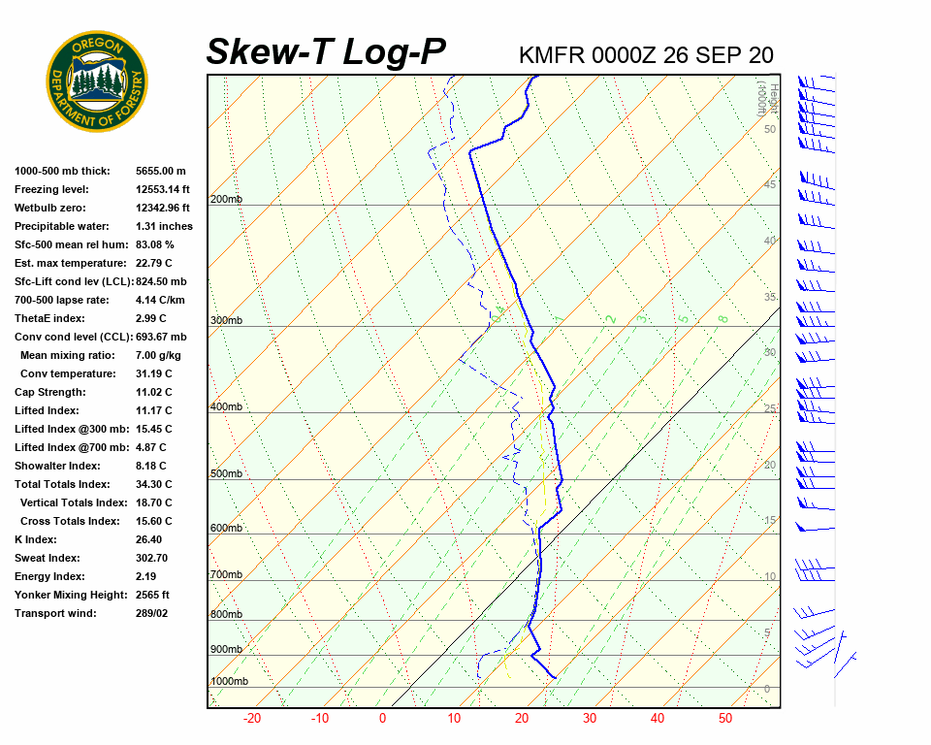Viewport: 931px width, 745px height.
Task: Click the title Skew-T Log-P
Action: tap(326, 52)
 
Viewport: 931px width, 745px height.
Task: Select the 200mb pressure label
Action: tap(226, 200)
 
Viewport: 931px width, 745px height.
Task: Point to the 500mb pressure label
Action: tap(226, 474)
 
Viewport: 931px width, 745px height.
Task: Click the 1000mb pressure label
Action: tap(229, 682)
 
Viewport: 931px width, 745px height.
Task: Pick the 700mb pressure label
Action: tap(226, 575)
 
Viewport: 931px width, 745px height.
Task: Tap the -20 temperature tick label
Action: tap(252, 719)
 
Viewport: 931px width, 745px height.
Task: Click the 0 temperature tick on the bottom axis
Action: tap(382, 719)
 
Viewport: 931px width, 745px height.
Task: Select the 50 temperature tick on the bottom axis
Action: tap(725, 719)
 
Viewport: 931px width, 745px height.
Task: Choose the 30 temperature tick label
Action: tap(589, 719)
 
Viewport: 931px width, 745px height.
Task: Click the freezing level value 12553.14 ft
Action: tap(163, 190)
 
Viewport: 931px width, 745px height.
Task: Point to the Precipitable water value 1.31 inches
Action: tap(164, 227)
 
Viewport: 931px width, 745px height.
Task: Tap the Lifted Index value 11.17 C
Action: tap(153, 411)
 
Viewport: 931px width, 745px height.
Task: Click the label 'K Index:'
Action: tap(35, 540)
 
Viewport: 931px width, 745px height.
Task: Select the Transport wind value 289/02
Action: tap(151, 614)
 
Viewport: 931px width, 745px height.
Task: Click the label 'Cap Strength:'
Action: tap(49, 393)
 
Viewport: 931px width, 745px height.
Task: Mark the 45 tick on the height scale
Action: tap(770, 184)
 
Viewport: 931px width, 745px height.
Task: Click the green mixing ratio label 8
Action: tap(722, 318)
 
